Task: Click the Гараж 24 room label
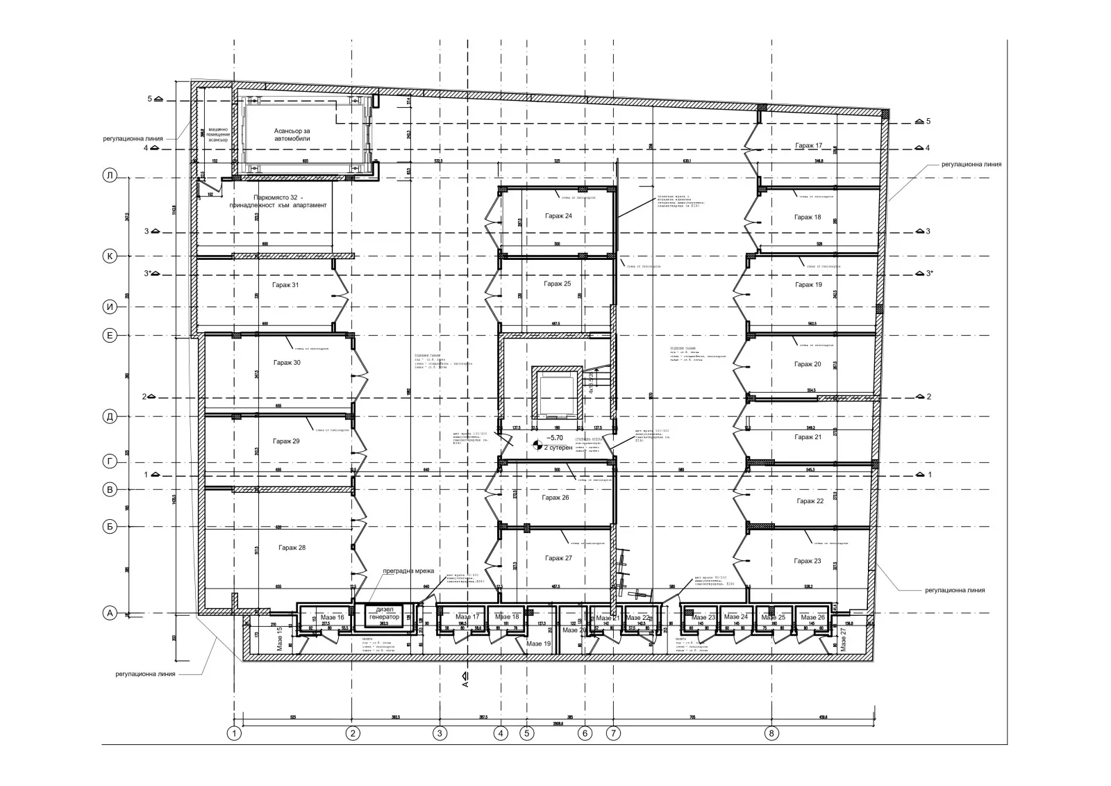558,216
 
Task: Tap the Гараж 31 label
286,285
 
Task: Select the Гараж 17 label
808,146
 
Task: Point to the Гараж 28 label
292,548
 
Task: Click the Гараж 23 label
808,561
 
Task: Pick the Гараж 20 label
808,364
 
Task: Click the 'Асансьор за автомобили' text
292,135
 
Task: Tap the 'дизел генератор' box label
383,614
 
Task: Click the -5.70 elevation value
555,439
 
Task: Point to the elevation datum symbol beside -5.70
536,445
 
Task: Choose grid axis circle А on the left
109,613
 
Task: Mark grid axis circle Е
109,336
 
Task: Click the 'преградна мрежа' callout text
408,571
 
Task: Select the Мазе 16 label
332,617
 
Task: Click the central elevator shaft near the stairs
555,391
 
